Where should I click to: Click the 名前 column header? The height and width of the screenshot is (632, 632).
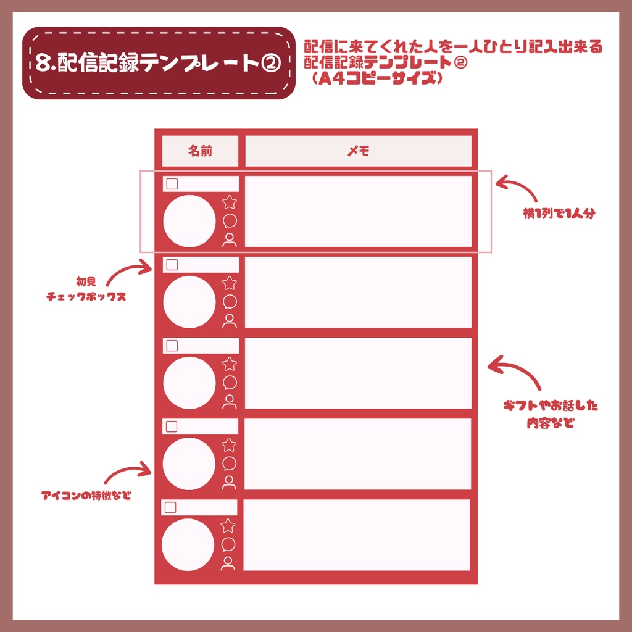pos(200,151)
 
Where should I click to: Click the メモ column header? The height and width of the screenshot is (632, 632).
pos(358,151)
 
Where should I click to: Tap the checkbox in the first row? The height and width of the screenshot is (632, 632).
pos(172,184)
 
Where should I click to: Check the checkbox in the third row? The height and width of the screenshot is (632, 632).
pos(172,346)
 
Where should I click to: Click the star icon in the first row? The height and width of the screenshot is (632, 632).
pos(230,202)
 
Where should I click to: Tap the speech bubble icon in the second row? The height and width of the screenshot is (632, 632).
pos(230,302)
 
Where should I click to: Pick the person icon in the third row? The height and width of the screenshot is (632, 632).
pos(230,402)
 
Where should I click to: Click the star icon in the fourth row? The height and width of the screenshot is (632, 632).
pos(229,445)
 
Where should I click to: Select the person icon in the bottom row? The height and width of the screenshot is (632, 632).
pos(228,563)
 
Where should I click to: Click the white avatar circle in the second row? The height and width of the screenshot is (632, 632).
pos(189,302)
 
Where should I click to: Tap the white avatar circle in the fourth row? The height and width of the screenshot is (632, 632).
pos(189,464)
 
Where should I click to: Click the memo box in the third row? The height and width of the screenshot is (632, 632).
pos(358,373)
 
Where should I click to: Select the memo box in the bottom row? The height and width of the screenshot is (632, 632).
pos(357,535)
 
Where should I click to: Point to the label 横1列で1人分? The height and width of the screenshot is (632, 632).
pos(559,215)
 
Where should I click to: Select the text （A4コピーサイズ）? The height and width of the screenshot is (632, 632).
pos(376,79)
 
